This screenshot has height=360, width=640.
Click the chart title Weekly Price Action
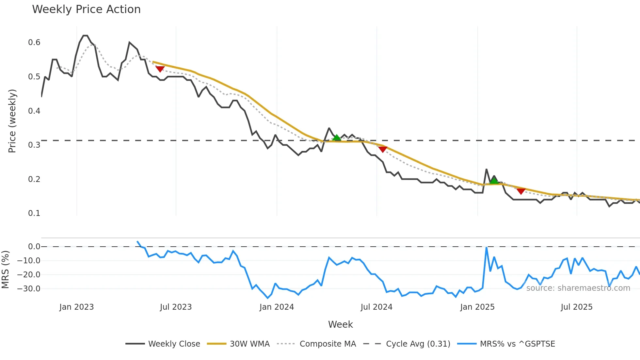[x=86, y=9]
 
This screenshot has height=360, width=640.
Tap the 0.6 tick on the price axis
[x=34, y=42]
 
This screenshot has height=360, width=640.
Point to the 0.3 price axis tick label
[x=34, y=145]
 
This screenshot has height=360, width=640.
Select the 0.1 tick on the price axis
[x=34, y=213]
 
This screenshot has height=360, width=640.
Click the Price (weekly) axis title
[x=12, y=121]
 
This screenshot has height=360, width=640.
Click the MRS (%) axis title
[x=5, y=270]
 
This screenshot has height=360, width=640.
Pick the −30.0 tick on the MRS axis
[x=29, y=289]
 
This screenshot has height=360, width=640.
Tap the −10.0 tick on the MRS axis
[x=29, y=261]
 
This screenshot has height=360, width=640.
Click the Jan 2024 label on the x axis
[x=277, y=307]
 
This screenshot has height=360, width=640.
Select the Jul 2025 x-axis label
[x=576, y=307]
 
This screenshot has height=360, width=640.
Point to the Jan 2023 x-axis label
[x=76, y=307]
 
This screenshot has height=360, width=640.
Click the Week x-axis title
[x=340, y=324]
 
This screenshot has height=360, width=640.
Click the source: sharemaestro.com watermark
[x=578, y=288]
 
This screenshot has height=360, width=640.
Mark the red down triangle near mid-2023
[x=160, y=69]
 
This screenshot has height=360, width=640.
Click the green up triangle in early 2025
[x=494, y=180]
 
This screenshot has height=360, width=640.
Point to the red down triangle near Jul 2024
[x=383, y=149]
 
